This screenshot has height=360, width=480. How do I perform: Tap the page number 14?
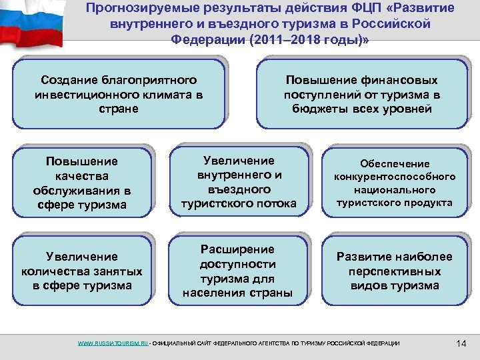tap(461, 343)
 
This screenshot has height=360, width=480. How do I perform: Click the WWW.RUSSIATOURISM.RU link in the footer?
tap(113, 343)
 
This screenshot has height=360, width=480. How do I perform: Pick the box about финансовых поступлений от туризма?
tap(362, 93)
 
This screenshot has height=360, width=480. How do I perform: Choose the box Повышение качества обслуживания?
tap(82, 183)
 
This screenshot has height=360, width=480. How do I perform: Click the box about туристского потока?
tap(239, 182)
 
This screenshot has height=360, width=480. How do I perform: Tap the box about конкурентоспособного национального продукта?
tap(395, 182)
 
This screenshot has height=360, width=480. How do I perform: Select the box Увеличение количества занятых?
tap(82, 271)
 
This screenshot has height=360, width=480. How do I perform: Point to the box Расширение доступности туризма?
tap(239, 271)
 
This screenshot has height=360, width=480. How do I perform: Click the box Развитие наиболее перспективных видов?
tap(395, 271)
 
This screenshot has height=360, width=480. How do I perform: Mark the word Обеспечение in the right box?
tap(395, 163)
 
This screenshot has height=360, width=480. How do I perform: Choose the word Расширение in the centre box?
tap(239, 249)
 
